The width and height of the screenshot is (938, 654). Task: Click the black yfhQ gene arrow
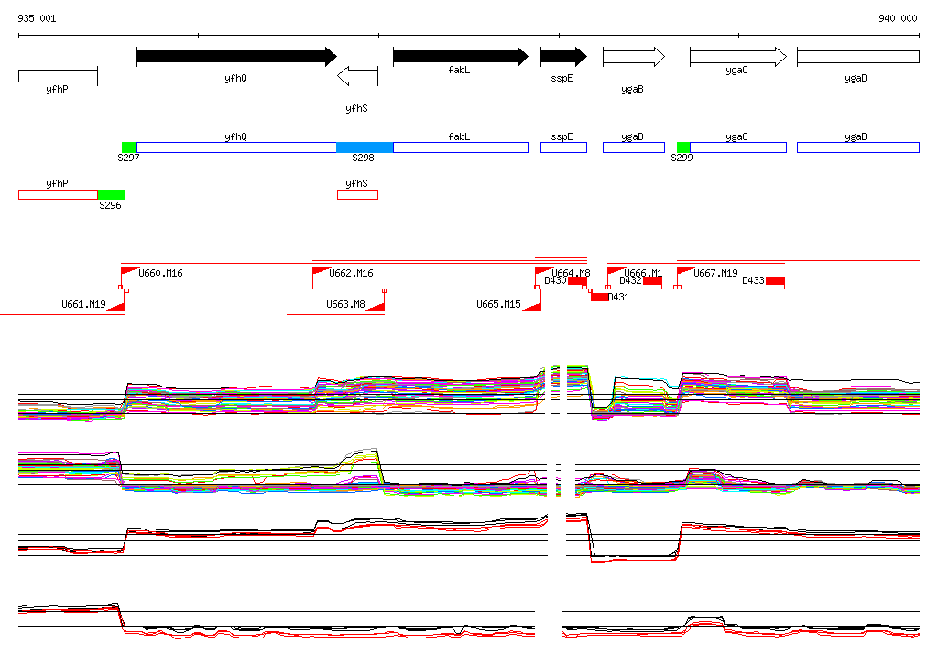pyautogui.click(x=236, y=57)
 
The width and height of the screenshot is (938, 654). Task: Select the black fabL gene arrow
pyautogui.click(x=460, y=57)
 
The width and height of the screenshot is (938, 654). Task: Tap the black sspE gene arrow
pyautogui.click(x=562, y=57)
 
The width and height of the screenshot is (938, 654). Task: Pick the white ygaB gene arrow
pyautogui.click(x=633, y=57)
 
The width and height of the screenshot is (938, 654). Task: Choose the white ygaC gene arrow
pyautogui.click(x=737, y=57)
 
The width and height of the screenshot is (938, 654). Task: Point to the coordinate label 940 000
pyautogui.click(x=898, y=18)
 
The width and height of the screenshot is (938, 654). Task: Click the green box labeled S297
pyautogui.click(x=129, y=147)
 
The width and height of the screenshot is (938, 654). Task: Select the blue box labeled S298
pyautogui.click(x=365, y=147)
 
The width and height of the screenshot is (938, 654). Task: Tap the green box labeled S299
pyautogui.click(x=683, y=147)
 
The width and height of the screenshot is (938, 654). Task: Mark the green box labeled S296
pyautogui.click(x=111, y=194)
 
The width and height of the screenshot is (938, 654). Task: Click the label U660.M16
pyautogui.click(x=160, y=273)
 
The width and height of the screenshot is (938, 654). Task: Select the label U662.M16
pyautogui.click(x=351, y=273)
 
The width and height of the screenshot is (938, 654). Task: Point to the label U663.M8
pyautogui.click(x=346, y=304)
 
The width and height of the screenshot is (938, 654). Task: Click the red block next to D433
pyautogui.click(x=775, y=280)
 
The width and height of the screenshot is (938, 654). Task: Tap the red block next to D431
pyautogui.click(x=599, y=297)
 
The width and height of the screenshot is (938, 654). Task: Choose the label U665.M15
pyautogui.click(x=498, y=304)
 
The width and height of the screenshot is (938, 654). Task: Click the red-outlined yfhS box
pyautogui.click(x=357, y=194)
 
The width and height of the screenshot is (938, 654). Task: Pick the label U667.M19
pyautogui.click(x=715, y=273)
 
